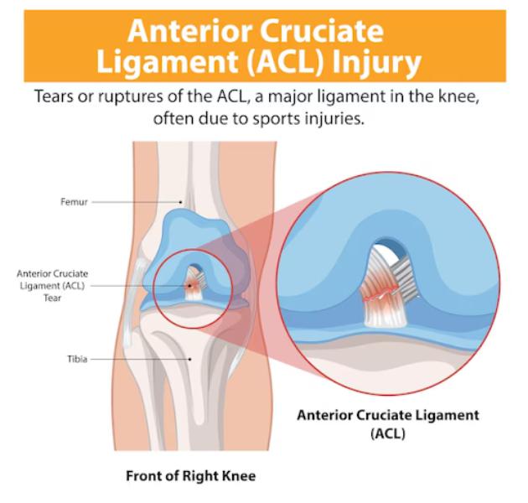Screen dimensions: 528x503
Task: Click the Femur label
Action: click(x=74, y=202)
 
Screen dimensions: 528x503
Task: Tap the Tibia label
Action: click(x=77, y=359)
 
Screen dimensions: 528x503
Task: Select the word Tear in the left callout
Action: click(x=52, y=298)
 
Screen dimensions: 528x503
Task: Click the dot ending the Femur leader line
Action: click(x=180, y=202)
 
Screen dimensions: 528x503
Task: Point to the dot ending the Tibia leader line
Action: click(x=190, y=359)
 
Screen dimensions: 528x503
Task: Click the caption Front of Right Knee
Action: click(x=190, y=476)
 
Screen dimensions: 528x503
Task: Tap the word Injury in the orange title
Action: click(x=376, y=62)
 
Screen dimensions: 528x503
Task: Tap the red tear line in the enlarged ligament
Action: click(x=380, y=294)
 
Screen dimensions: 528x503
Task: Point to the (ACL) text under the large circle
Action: click(x=387, y=433)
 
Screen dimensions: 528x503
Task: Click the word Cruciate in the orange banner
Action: click(x=322, y=31)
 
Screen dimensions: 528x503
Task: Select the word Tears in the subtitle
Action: click(x=54, y=96)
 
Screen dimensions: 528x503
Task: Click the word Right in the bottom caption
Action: click(x=200, y=476)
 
